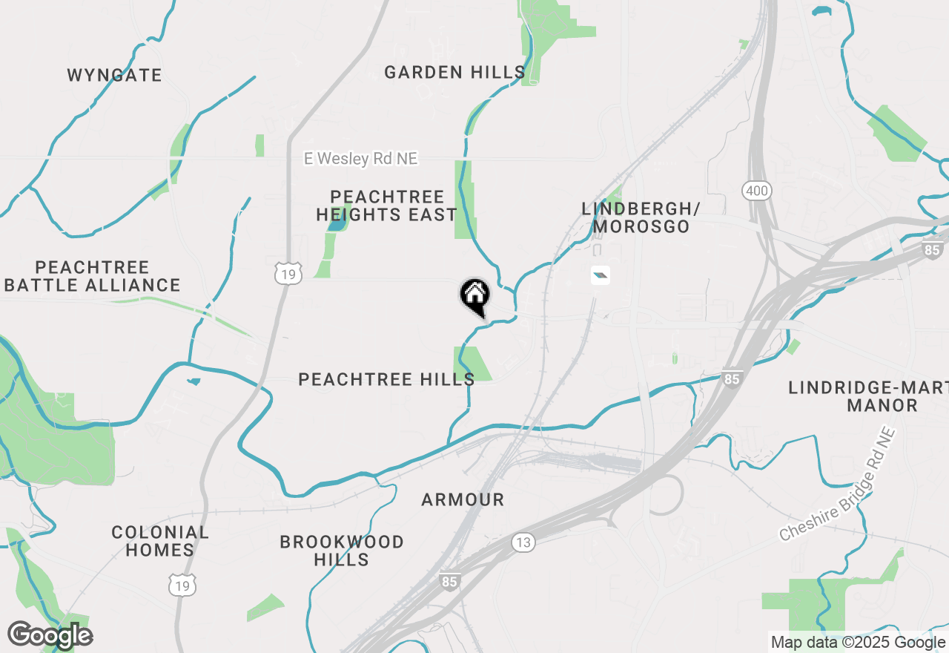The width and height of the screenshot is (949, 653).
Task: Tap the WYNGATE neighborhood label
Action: pos(114,75)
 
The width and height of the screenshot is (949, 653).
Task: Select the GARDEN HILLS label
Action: pos(454,72)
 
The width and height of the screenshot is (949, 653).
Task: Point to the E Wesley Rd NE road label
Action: pos(361,159)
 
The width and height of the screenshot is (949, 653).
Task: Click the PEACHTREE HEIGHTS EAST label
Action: pos(386,206)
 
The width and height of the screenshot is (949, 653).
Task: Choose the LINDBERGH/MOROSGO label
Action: pos(636,217)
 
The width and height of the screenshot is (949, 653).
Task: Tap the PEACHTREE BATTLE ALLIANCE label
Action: pos(92,276)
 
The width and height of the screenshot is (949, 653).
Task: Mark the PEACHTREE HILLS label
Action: pos(386,379)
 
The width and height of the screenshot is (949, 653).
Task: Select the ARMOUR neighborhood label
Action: pos(463,500)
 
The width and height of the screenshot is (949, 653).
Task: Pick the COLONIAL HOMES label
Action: pos(160,541)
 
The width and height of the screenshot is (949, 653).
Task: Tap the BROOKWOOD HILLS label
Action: pos(342,551)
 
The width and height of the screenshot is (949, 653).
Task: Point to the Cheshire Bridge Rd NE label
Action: pos(837,485)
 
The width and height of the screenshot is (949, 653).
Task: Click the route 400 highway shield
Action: pos(757,191)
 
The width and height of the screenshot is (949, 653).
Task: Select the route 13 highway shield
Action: pos(523,542)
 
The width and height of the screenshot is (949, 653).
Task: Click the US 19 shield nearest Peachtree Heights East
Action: pos(288,273)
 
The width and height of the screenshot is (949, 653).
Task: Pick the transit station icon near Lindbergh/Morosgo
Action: pos(600,276)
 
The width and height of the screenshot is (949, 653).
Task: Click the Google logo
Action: pos(50,636)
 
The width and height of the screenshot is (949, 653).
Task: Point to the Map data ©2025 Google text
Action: pos(858,643)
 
